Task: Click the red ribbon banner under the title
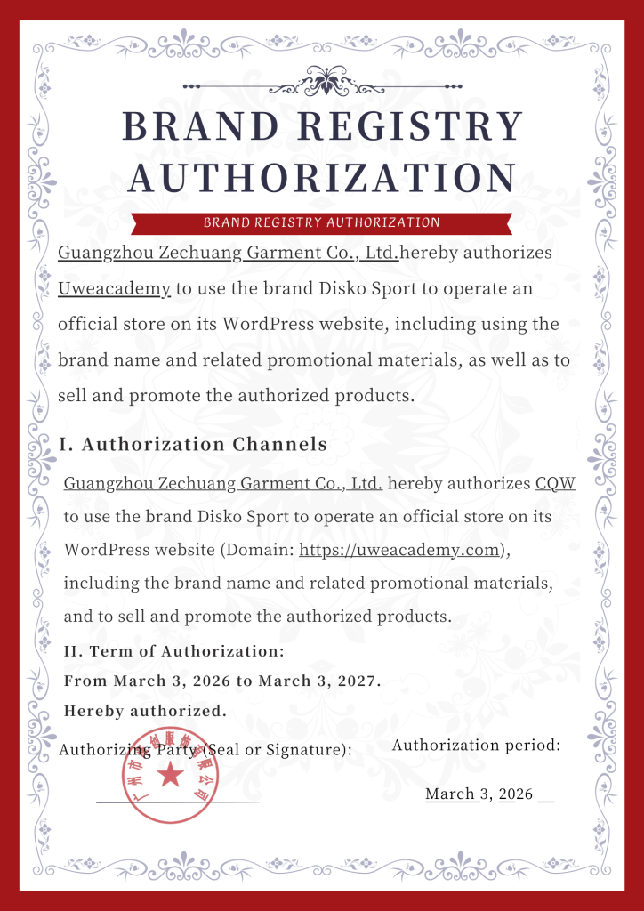pos(322,222)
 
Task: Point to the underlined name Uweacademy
pos(114,288)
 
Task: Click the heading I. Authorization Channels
pos(193,443)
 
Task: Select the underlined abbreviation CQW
pos(555,484)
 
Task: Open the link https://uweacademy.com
pos(399,550)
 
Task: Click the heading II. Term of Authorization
pos(174,651)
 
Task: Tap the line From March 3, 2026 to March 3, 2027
pos(223,681)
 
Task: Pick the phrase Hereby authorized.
pos(146,711)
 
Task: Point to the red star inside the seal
pos(168,776)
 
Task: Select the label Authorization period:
pos(476,746)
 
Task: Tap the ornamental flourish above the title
pos(322,85)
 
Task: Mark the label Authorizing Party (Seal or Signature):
pos(205,750)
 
